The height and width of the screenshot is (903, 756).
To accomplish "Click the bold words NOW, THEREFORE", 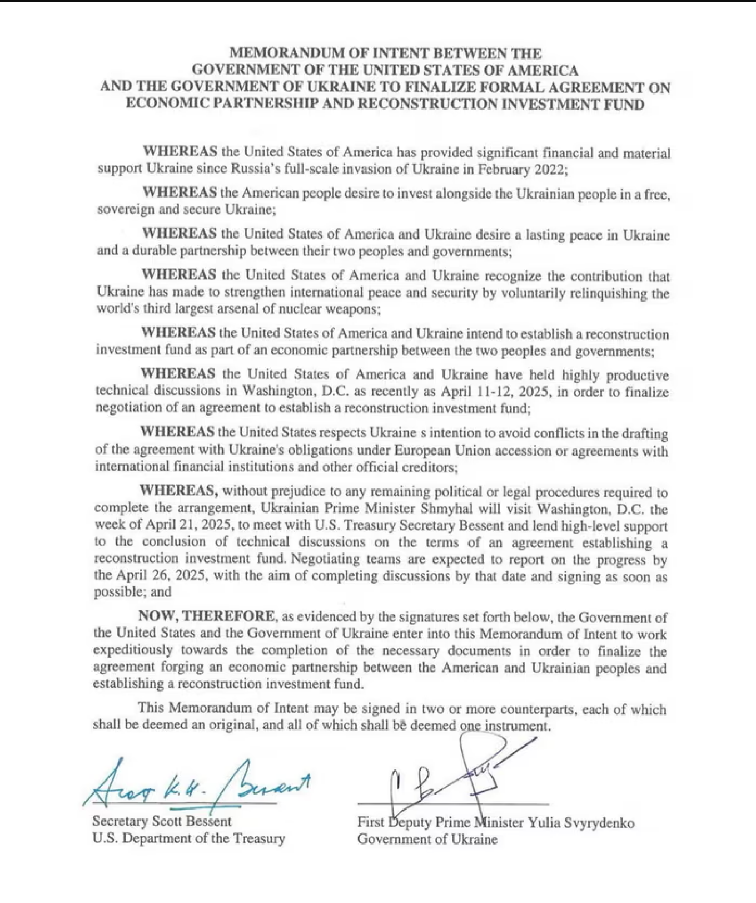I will tap(206, 616).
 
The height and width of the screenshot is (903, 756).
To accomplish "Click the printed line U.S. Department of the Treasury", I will tap(188, 838).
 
